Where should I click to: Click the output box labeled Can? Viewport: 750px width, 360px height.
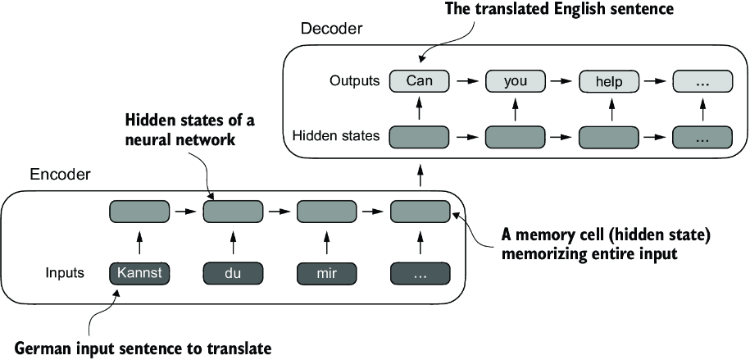click(x=419, y=81)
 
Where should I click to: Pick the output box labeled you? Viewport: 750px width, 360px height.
click(x=516, y=81)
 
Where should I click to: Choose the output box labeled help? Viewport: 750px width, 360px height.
click(x=609, y=81)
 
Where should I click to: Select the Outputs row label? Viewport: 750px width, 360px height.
click(x=354, y=81)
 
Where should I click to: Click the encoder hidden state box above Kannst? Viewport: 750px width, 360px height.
click(x=139, y=212)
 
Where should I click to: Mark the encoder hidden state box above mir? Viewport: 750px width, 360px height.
click(x=326, y=212)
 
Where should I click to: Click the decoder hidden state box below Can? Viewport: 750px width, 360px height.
click(x=419, y=136)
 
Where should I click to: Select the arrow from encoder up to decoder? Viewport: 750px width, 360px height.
click(x=420, y=175)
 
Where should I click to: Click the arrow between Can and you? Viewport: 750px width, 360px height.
click(x=467, y=81)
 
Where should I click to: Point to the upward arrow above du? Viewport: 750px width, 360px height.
click(x=234, y=244)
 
